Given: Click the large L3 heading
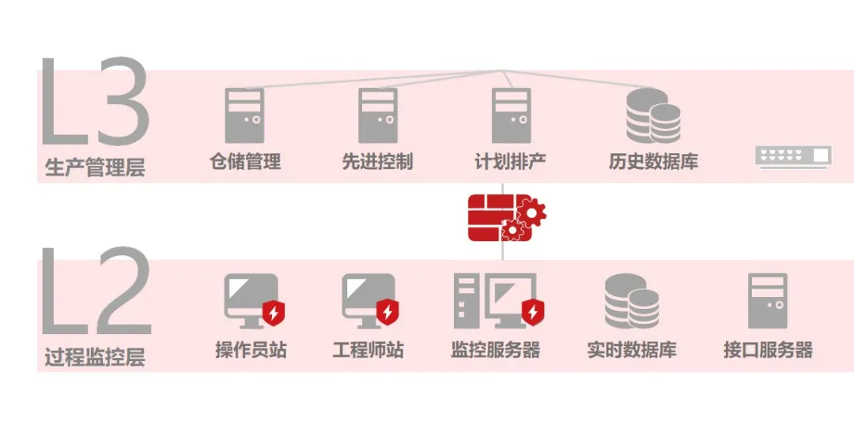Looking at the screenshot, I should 93,101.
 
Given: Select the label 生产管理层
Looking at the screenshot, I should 95,167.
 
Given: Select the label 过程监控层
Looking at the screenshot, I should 95,357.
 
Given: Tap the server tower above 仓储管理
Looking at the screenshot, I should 244,115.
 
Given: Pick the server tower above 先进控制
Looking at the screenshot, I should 377,115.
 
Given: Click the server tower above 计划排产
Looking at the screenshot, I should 511,115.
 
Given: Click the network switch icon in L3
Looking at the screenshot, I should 793,156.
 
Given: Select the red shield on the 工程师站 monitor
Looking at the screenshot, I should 387,313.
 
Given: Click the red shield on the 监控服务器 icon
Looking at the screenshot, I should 532,313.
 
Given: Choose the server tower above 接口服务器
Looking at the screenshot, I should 768,301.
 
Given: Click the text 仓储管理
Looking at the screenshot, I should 245,162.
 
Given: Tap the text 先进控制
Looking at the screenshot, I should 377,162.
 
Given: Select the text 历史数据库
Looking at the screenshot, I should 653,162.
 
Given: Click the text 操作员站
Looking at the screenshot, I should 251,349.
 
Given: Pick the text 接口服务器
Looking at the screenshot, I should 768,349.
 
